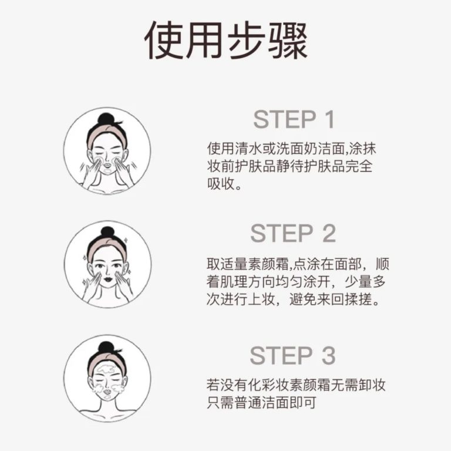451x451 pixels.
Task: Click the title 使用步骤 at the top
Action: pyautogui.click(x=225, y=41)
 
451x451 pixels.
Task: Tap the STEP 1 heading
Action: pyautogui.click(x=294, y=119)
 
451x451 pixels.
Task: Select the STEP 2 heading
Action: pyautogui.click(x=293, y=233)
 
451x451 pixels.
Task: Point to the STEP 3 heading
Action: pyautogui.click(x=293, y=355)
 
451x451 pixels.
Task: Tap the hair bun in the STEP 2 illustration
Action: pyautogui.click(x=107, y=233)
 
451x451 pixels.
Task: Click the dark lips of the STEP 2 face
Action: pyautogui.click(x=107, y=280)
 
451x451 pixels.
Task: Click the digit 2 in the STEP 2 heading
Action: pyautogui.click(x=329, y=233)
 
